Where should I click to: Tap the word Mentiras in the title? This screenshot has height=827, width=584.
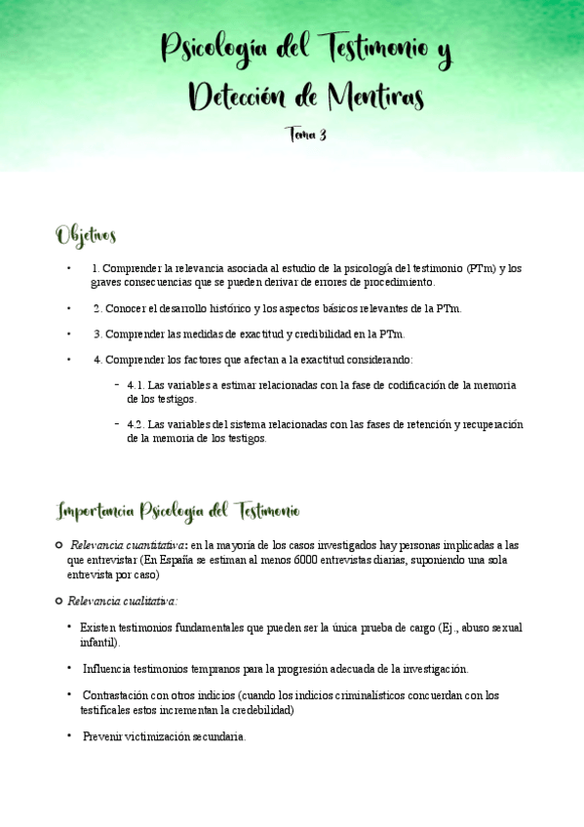pos(374,97)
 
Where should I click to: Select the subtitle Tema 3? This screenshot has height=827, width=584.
pos(306,136)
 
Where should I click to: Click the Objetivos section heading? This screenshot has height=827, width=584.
pos(86,236)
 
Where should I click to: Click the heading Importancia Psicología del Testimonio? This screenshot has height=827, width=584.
pos(179,511)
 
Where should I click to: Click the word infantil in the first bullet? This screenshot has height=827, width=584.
pos(97,643)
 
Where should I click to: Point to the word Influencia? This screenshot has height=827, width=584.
pos(111,669)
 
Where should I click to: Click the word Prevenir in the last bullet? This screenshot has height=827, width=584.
pos(102,737)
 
